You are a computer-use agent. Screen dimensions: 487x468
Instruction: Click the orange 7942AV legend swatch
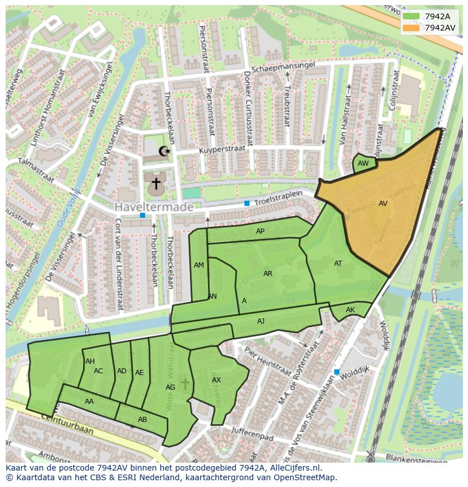pyautogui.click(x=411, y=27)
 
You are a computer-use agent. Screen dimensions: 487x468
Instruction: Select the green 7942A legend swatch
pyautogui.click(x=411, y=16)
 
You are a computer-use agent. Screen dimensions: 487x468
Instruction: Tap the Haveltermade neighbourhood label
pyautogui.click(x=154, y=208)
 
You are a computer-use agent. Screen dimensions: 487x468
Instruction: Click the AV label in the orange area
pyautogui.click(x=383, y=204)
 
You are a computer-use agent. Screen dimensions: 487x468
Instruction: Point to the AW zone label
pyautogui.click(x=363, y=163)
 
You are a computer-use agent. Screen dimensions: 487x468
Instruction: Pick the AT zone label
pyautogui.click(x=338, y=264)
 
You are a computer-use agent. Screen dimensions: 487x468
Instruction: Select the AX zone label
pyautogui.click(x=216, y=380)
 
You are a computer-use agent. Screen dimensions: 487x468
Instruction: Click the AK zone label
pyautogui.click(x=350, y=310)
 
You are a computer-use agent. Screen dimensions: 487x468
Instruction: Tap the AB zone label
pyautogui.click(x=142, y=420)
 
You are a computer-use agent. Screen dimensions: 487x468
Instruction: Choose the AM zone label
pyautogui.click(x=199, y=265)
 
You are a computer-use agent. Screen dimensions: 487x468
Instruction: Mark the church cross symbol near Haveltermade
pyautogui.click(x=155, y=183)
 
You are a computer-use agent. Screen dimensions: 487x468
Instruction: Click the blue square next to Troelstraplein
pyautogui.click(x=246, y=203)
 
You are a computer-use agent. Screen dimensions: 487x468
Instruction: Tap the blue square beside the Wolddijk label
pyautogui.click(x=337, y=372)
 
